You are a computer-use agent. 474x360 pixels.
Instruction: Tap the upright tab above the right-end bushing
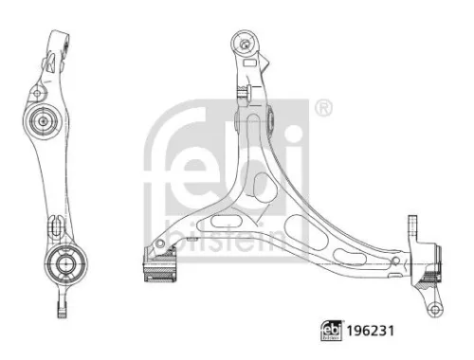414,227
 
